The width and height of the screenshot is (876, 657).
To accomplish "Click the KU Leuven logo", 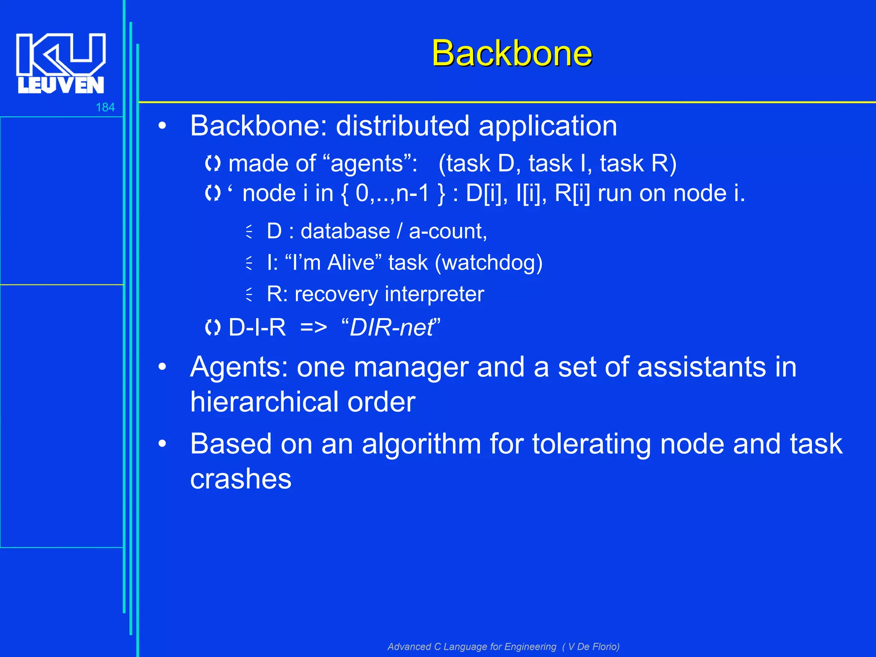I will [61, 63].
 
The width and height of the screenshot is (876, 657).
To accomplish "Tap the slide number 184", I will [105, 107].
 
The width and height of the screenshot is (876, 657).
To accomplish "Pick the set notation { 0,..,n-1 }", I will [393, 193].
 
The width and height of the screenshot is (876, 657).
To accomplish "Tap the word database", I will [345, 231].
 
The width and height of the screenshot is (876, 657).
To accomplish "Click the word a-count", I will [447, 231].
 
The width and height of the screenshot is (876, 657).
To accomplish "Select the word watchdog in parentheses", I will [488, 263].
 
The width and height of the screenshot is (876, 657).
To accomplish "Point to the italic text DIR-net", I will [391, 328].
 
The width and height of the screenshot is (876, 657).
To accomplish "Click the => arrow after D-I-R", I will [314, 328].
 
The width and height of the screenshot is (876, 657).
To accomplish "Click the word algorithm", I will [421, 444].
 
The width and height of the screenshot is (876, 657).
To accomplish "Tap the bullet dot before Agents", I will [162, 367].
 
